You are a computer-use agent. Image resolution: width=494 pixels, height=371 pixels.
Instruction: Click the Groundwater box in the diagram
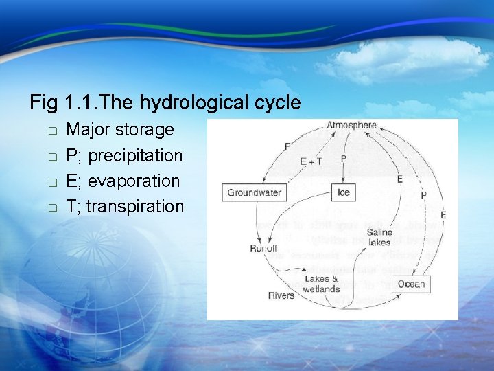(x=254, y=193)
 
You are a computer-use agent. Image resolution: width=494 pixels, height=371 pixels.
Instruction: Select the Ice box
(x=344, y=193)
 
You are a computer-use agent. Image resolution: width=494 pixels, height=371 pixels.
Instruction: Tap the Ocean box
(x=412, y=284)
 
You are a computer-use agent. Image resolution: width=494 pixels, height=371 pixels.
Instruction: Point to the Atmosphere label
(x=351, y=126)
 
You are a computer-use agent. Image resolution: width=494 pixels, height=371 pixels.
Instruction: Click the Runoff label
(x=263, y=248)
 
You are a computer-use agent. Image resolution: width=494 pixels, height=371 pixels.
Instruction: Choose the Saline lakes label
(x=379, y=237)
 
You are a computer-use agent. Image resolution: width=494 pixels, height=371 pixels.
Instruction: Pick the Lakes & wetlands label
(x=322, y=284)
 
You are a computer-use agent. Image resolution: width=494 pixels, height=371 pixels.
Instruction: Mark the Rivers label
(x=281, y=295)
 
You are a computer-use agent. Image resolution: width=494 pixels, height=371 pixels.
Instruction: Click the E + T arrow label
(x=311, y=161)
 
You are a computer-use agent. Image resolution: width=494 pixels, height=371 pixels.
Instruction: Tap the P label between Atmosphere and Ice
(x=344, y=159)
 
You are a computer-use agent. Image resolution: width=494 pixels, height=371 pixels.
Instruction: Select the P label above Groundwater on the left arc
(x=287, y=146)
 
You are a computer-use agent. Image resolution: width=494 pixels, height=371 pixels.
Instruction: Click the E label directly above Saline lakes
(x=399, y=179)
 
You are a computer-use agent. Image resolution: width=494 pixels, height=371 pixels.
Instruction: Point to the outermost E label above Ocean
(x=443, y=215)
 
